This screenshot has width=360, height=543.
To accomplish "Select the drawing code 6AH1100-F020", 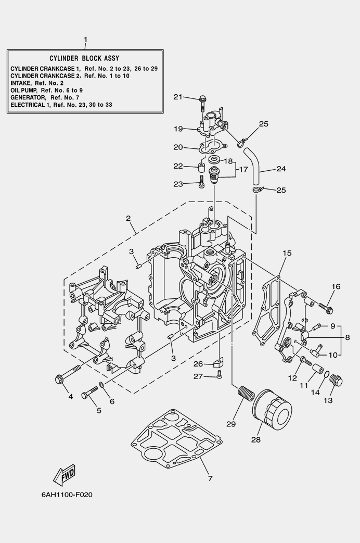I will point(67,494).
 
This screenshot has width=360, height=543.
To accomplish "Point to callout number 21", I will point(178,97).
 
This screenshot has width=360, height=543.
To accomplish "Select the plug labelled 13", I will point(336,382).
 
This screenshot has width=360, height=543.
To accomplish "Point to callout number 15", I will point(287,254).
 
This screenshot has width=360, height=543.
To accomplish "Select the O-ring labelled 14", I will point(324,375).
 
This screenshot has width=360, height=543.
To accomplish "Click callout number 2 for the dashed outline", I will point(128,219).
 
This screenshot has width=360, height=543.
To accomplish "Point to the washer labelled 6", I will point(101,386).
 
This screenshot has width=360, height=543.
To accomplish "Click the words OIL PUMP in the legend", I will point(24,90).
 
